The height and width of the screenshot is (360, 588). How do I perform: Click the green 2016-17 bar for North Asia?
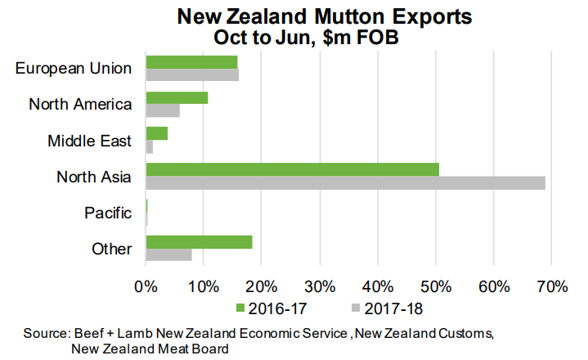tap(292, 169)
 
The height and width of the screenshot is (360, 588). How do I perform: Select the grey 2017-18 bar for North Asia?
tap(345, 182)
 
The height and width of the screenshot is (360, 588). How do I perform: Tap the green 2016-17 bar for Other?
tap(199, 242)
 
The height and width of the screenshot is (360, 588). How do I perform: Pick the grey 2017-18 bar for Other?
tap(168, 254)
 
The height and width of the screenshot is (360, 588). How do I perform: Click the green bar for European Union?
tap(191, 62)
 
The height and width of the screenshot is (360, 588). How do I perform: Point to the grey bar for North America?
tap(162, 110)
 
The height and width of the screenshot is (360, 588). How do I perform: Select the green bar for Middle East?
tap(156, 133)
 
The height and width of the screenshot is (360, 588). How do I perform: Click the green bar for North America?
tap(177, 98)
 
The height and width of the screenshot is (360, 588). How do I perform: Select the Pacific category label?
tap(108, 213)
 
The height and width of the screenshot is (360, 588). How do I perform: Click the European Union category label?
tap(74, 67)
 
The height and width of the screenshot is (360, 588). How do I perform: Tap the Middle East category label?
tap(89, 140)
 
